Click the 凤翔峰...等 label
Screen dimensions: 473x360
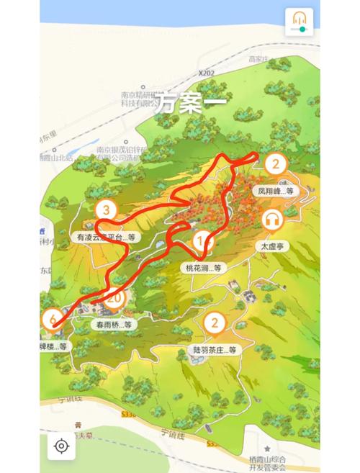point(276,191)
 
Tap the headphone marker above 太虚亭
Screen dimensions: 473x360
point(274,219)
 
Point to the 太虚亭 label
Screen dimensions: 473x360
point(274,245)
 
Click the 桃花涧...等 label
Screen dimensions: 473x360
point(202,267)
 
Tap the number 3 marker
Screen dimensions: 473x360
point(107,210)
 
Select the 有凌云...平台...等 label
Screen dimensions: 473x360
point(106,236)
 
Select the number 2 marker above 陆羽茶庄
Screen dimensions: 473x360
point(213,323)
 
